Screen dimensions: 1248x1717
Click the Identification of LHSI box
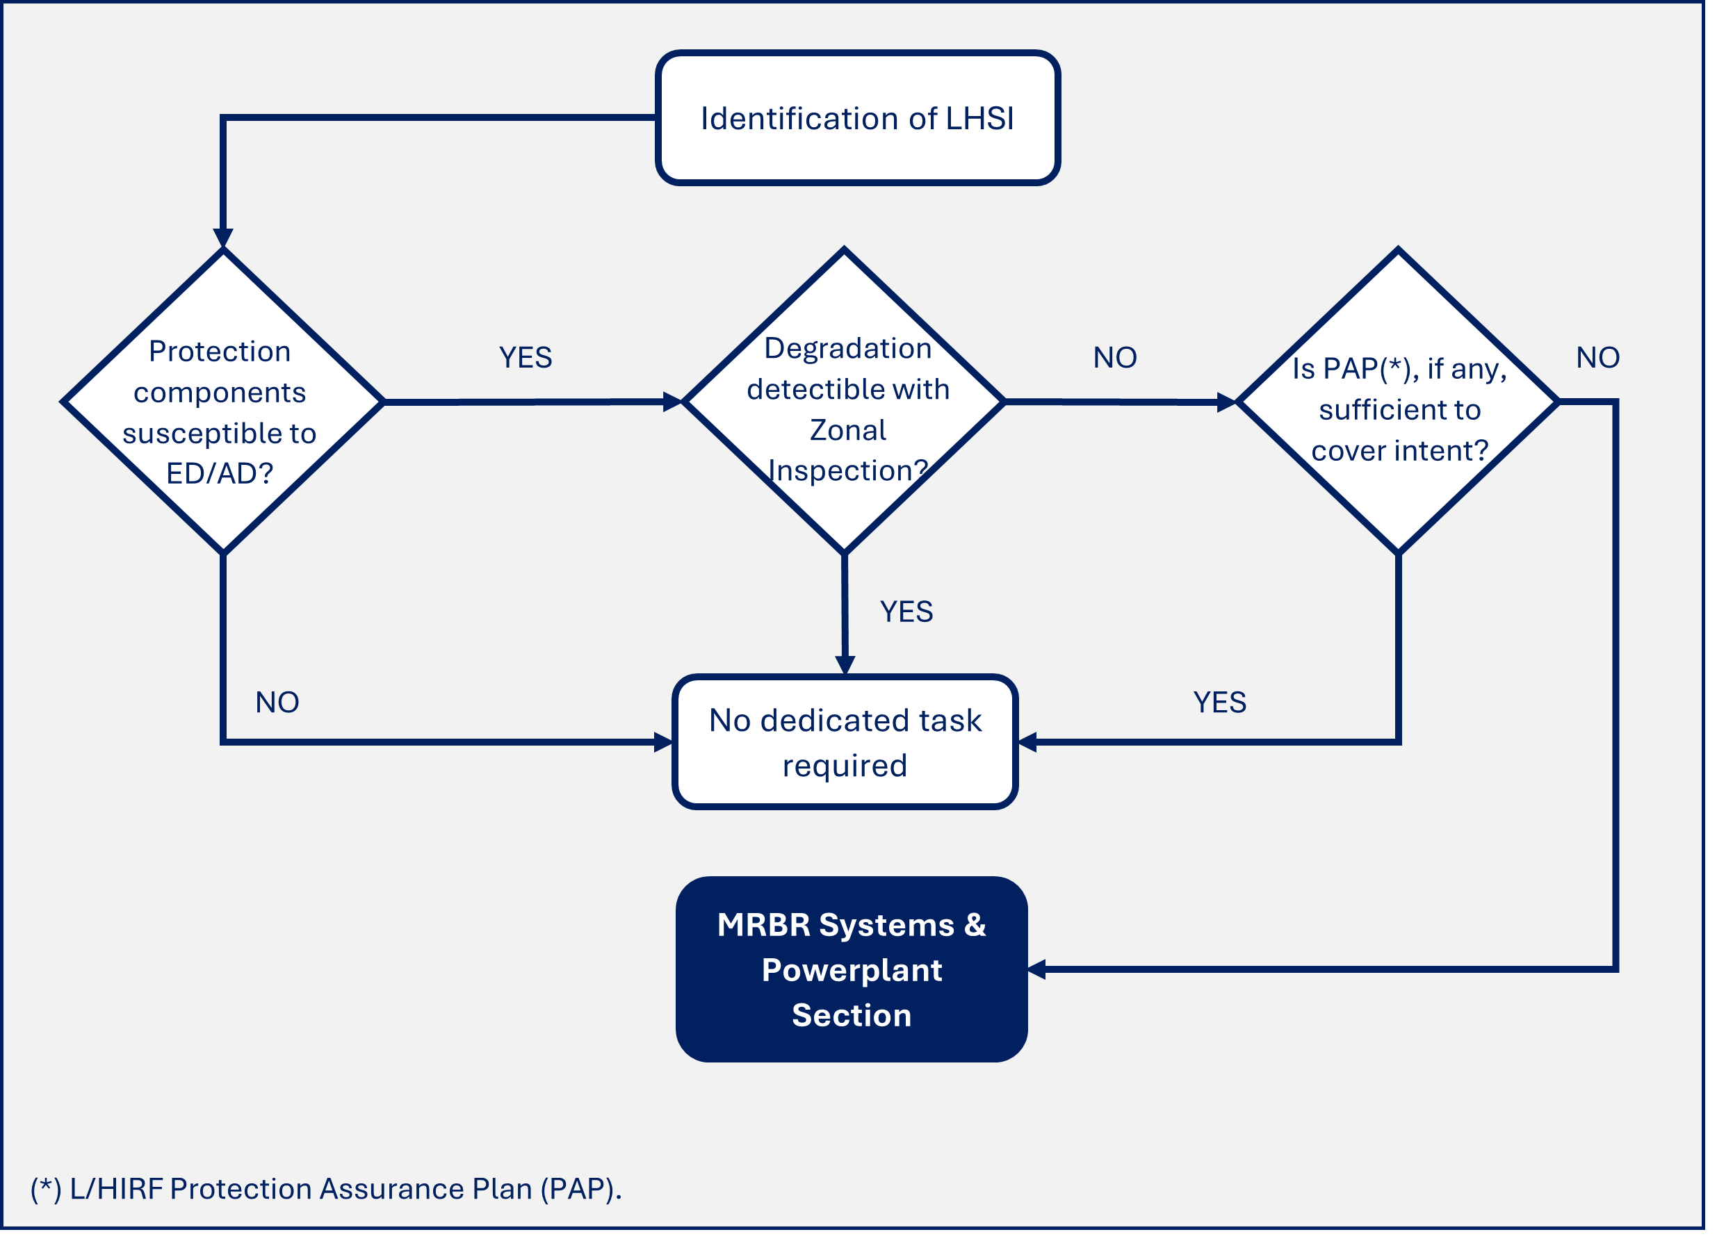coord(857,118)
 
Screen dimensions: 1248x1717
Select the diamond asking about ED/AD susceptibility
coord(222,401)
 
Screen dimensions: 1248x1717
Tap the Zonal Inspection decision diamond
coord(844,401)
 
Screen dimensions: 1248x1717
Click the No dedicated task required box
coord(844,741)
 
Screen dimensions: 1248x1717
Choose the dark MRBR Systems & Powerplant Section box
coord(851,969)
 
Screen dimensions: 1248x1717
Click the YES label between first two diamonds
coord(526,357)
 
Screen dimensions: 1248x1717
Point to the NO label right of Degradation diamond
coord(1114,357)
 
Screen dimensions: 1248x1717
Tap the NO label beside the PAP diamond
coord(1597,357)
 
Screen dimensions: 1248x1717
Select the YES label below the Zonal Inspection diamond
coord(906,611)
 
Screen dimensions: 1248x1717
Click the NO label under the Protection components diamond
coord(277,703)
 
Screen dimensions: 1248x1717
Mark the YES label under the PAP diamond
coord(1219,703)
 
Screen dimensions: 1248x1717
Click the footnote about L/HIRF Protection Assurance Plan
coord(325,1189)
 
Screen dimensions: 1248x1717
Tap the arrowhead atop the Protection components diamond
coord(222,238)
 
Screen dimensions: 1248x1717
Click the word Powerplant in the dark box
coord(851,970)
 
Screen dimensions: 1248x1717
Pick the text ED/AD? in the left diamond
coord(220,474)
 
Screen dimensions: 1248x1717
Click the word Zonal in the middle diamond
coord(847,430)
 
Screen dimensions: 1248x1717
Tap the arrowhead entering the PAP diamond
coord(1226,402)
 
